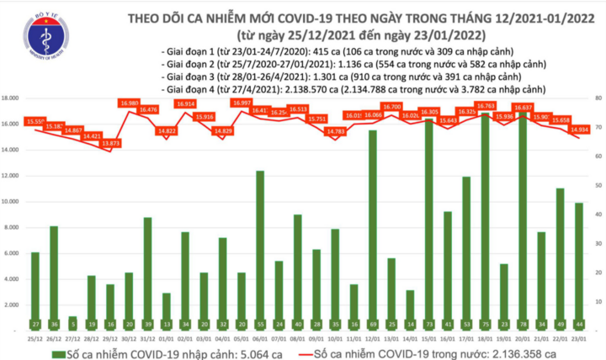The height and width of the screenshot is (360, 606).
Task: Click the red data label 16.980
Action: coord(130,103)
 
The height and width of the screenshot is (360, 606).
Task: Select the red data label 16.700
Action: coord(391,107)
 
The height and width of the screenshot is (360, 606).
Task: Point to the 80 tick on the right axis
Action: coord(597,98)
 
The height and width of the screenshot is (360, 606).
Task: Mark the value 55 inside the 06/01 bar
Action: coord(260,324)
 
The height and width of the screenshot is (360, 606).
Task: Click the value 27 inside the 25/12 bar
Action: coord(35,324)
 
